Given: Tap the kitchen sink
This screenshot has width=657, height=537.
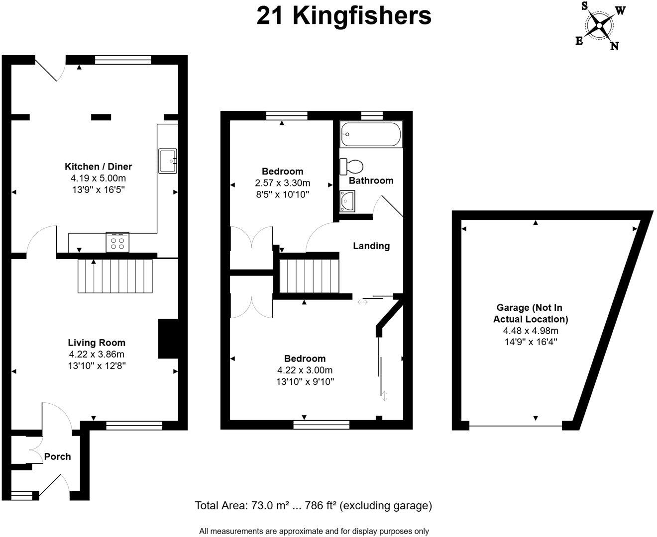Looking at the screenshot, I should click(168, 161).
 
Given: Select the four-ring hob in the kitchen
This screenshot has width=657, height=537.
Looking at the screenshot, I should click(117, 242).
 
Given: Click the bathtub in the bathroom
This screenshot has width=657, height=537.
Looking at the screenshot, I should click(371, 134).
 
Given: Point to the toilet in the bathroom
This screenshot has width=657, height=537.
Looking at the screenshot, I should click(351, 166).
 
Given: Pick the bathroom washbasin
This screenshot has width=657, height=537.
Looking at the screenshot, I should click(347, 201).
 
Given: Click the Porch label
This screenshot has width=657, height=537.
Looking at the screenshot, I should click(57, 456).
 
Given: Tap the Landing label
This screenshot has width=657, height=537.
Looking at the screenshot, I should click(371, 246).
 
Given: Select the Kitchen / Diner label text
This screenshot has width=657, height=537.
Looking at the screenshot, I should click(99, 167).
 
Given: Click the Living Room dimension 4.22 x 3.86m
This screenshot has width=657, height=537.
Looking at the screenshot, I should click(97, 355).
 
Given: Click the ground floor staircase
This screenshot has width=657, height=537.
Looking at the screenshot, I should click(115, 276).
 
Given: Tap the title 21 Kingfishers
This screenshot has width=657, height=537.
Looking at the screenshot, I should click(343, 15).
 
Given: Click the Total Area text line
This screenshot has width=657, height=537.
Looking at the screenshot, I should click(314, 506).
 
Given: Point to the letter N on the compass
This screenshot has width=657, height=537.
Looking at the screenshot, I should click(615, 46).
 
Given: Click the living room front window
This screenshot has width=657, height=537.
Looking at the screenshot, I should click(134, 425).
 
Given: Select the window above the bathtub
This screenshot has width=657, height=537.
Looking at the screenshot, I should click(372, 116).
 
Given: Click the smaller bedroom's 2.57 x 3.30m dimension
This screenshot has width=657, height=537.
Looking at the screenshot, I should click(283, 183).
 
